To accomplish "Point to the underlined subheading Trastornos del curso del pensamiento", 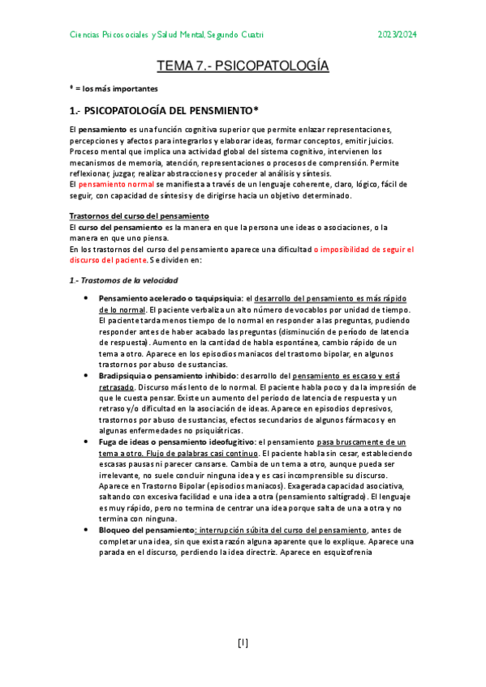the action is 139,216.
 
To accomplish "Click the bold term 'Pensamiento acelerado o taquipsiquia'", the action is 170,300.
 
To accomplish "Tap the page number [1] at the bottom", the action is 243,643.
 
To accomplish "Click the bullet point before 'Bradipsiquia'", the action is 87,376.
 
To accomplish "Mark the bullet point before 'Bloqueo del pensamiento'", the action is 87,530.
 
